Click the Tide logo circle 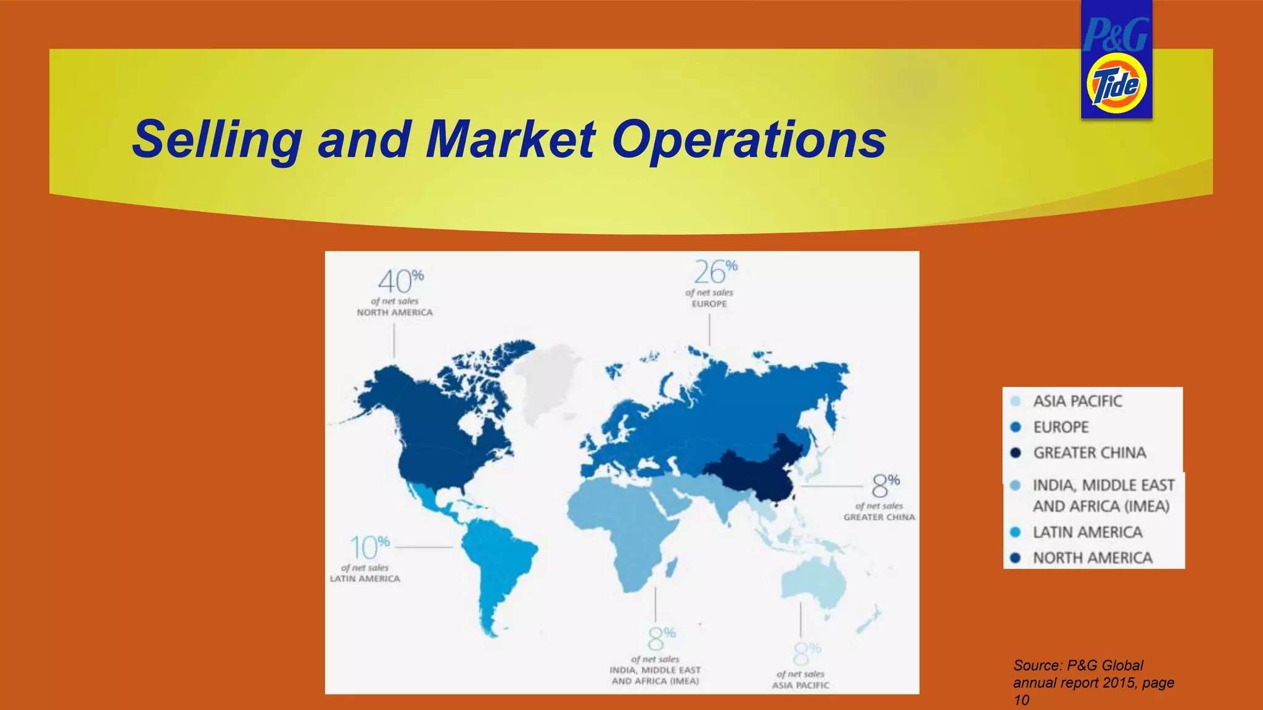pos(1116,84)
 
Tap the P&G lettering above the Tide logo pos(1116,35)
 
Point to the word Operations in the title pos(749,139)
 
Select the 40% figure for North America pos(400,282)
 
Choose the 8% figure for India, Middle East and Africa pos(661,639)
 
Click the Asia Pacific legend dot pos(1016,401)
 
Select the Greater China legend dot pos(1016,453)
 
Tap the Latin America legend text pos(1087,532)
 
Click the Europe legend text pos(1061,427)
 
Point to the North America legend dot pos(1016,558)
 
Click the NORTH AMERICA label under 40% pos(395,312)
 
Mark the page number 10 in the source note pos(1021,700)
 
